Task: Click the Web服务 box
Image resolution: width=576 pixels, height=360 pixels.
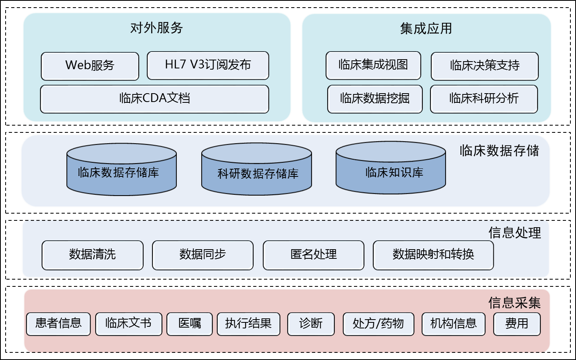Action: [90, 66]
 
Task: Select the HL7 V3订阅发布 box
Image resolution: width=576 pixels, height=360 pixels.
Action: [208, 65]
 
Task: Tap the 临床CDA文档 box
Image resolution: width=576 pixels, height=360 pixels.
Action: [154, 99]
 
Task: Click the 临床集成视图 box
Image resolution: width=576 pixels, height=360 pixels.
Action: [373, 65]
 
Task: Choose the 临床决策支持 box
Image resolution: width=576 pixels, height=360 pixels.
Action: [484, 66]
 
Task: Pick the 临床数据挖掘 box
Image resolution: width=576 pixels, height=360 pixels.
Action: [375, 99]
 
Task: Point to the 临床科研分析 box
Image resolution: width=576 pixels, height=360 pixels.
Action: [484, 99]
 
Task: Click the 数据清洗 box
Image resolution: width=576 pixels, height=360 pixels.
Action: [92, 255]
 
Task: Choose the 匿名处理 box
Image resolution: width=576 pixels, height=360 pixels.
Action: [313, 255]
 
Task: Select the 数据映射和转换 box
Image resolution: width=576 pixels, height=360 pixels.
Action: [433, 255]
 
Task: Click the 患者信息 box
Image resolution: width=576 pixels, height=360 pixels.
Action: [58, 324]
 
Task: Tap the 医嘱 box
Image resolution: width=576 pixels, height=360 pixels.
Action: [190, 324]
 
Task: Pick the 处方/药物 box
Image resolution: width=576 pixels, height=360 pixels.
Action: [378, 324]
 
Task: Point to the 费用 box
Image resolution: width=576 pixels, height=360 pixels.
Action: [517, 324]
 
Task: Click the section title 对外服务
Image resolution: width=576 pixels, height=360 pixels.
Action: [156, 28]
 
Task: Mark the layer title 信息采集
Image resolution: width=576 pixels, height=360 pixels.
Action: [514, 303]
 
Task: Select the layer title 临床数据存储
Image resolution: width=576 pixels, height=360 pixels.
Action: [499, 151]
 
